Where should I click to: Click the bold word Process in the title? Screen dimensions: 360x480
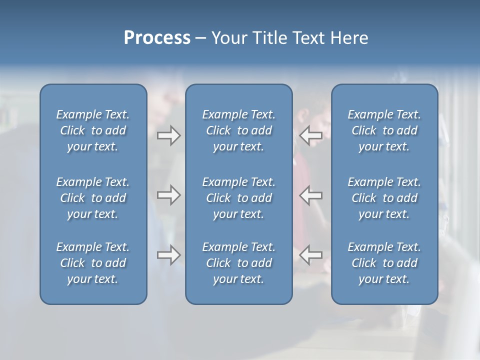point(157,38)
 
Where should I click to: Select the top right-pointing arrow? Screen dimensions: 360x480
point(169,135)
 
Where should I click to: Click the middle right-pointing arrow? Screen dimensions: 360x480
point(169,195)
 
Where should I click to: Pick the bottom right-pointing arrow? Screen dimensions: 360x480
point(169,255)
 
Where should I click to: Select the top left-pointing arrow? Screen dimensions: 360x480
point(310,135)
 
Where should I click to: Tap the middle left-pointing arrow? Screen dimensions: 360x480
point(310,195)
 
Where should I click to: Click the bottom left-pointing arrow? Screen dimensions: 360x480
point(310,255)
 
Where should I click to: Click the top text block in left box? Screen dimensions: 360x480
point(93,130)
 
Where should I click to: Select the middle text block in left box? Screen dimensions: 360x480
point(93,198)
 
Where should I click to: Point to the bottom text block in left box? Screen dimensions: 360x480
point(93,263)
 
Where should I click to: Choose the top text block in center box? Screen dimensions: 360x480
point(238,130)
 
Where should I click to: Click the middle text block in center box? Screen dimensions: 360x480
point(238,198)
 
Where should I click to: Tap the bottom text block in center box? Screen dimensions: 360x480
point(238,263)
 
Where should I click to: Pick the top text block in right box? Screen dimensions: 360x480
point(384,130)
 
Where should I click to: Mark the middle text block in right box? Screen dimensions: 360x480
point(384,198)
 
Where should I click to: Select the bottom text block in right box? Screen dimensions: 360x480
point(384,263)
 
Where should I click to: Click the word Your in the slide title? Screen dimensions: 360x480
point(227,38)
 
